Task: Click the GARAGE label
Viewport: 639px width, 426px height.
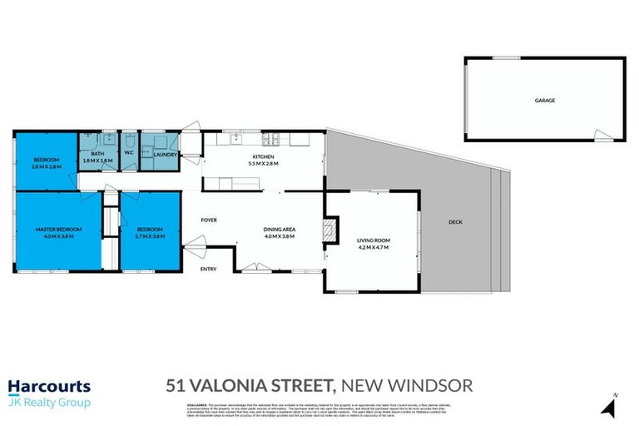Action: coord(544,100)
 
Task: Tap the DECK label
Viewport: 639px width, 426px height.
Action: coord(454,222)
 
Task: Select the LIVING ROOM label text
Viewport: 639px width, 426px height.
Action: coord(374,240)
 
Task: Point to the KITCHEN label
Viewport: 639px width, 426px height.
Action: coord(263,157)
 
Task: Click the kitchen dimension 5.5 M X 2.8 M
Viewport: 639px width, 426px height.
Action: coord(263,164)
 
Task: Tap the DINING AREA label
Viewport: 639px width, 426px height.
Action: coord(280,230)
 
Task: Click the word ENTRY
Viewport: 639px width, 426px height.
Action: coord(209,269)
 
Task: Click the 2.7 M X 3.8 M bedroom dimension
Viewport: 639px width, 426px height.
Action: coord(150,236)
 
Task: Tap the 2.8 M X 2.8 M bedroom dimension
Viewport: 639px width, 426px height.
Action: coord(46,166)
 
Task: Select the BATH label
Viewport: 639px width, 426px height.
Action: coord(97,153)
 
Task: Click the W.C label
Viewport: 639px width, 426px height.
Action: coord(130,153)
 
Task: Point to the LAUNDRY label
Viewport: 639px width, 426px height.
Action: coord(165,153)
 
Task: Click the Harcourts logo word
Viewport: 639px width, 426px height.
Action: coord(49,386)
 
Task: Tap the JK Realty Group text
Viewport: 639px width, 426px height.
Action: coord(49,403)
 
